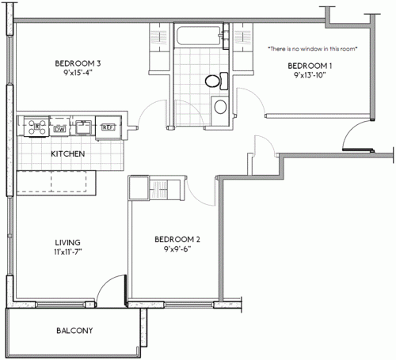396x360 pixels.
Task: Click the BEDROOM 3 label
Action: point(77,64)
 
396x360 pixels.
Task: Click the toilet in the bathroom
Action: point(214,80)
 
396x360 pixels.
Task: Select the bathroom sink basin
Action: point(220,107)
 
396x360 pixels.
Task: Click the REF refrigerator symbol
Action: point(107,124)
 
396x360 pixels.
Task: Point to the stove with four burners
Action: point(34,124)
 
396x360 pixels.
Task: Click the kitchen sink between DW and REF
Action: point(82,124)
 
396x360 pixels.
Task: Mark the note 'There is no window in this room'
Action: point(313,49)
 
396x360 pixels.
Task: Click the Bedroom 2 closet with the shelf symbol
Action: point(161,190)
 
